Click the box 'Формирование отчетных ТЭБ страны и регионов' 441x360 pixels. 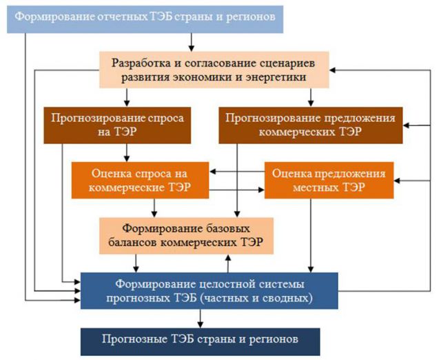pyautogui.click(x=145, y=19)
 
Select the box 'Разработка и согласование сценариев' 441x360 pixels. pyautogui.click(x=214, y=70)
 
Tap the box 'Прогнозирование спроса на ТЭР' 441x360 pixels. pyautogui.click(x=117, y=126)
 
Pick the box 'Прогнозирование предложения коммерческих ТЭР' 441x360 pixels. pyautogui.click(x=311, y=126)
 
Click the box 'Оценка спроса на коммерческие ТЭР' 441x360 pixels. pyautogui.click(x=140, y=180)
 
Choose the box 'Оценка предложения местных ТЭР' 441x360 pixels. pyautogui.click(x=329, y=180)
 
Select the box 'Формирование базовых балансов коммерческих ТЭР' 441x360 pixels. pyautogui.click(x=186, y=236)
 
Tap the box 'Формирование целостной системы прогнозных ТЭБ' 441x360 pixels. pyautogui.click(x=209, y=291)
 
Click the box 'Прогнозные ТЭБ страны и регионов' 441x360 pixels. pyautogui.click(x=201, y=341)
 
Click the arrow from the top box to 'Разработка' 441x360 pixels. pyautogui.click(x=192, y=42)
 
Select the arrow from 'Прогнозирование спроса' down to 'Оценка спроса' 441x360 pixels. pyautogui.click(x=127, y=152)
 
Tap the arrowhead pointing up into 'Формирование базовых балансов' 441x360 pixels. pyautogui.click(x=228, y=257)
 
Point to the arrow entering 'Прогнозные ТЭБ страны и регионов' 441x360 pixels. pyautogui.click(x=201, y=319)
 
